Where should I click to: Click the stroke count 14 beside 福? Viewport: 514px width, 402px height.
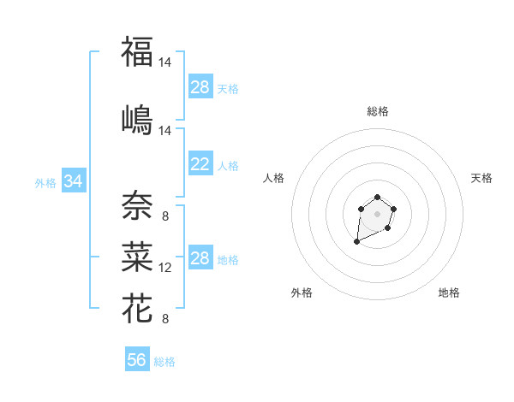click(165, 62)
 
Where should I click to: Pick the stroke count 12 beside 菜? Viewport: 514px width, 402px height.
click(165, 268)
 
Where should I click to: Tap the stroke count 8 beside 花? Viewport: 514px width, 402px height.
click(164, 319)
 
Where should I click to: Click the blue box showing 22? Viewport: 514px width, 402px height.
click(200, 165)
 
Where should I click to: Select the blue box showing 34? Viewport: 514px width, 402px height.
click(73, 181)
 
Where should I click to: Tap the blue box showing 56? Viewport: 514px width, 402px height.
click(137, 360)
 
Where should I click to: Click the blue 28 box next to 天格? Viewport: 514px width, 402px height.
click(200, 87)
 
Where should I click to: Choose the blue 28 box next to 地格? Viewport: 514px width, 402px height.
click(200, 258)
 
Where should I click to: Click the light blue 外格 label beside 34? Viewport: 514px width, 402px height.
click(45, 182)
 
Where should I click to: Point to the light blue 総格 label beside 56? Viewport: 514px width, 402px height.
click(164, 362)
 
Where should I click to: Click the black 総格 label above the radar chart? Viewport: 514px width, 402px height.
click(377, 111)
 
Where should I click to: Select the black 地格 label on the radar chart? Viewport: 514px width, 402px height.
click(449, 293)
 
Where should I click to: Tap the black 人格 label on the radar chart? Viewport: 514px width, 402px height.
click(274, 178)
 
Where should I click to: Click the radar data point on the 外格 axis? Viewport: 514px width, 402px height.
click(356, 242)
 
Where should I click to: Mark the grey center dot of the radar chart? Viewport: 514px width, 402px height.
click(377, 213)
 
